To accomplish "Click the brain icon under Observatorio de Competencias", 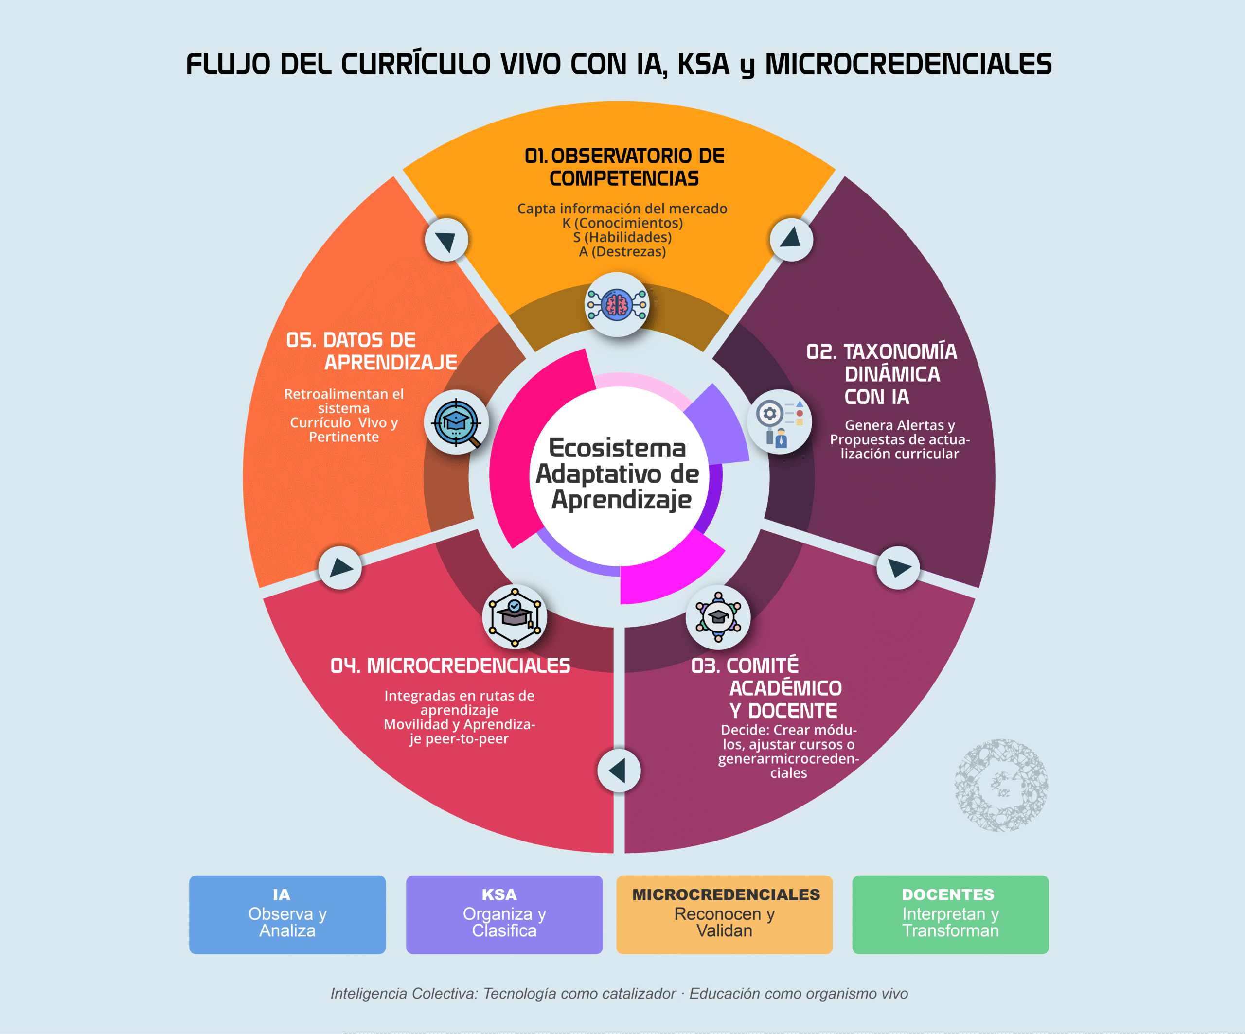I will pyautogui.click(x=617, y=305).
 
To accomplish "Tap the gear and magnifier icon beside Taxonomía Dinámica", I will pyautogui.click(x=780, y=422).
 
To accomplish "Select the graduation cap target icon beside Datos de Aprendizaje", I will pyautogui.click(x=456, y=422).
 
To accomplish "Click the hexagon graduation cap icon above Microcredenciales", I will pyautogui.click(x=514, y=617).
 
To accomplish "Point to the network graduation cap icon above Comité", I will pyautogui.click(x=718, y=617).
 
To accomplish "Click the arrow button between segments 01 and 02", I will pyautogui.click(x=791, y=239).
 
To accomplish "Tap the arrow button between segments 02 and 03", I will pyautogui.click(x=898, y=568).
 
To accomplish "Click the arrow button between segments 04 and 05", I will pyautogui.click(x=340, y=568).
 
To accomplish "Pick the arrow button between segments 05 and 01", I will pyautogui.click(x=446, y=239).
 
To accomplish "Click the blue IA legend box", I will pyautogui.click(x=287, y=914).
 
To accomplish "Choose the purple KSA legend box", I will pyautogui.click(x=504, y=914).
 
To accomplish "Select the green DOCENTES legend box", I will pyautogui.click(x=950, y=914).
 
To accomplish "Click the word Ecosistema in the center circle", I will pyautogui.click(x=617, y=448).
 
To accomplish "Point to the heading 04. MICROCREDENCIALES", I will pyautogui.click(x=450, y=666).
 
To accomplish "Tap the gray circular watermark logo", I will pyautogui.click(x=1001, y=785).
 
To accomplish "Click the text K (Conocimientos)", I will pyautogui.click(x=622, y=223).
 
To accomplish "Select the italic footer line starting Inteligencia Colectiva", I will pyautogui.click(x=619, y=994).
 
